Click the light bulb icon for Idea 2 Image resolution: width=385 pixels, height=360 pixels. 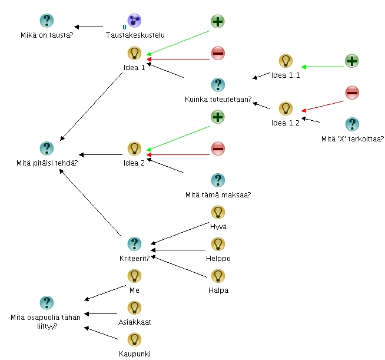coord(135,148)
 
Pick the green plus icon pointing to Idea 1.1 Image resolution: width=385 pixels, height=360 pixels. coord(351,61)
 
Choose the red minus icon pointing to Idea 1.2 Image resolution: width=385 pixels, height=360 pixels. coord(351,93)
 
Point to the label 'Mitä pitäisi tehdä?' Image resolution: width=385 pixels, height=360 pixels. coord(47,163)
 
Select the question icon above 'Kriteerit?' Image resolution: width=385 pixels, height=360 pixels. coord(135,244)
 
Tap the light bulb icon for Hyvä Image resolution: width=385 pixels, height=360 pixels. coord(218,212)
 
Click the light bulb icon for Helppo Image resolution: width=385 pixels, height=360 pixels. coord(218,244)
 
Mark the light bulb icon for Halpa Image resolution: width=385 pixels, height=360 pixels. coord(218,276)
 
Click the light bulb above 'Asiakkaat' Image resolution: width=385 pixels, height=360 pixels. coord(135,308)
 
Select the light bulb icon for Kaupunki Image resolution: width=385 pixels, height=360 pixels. coord(135,339)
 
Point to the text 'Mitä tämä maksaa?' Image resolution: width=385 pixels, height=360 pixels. coord(218,195)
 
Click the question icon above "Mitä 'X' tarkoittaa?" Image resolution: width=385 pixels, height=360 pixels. coord(351,124)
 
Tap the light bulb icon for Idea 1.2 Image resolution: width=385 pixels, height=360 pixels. coord(286,108)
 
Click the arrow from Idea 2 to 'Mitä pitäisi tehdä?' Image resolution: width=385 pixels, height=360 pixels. coord(100,155)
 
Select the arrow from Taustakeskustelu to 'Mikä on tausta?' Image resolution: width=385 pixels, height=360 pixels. coord(88,27)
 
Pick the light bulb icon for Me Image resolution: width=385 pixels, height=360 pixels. coord(135,276)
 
